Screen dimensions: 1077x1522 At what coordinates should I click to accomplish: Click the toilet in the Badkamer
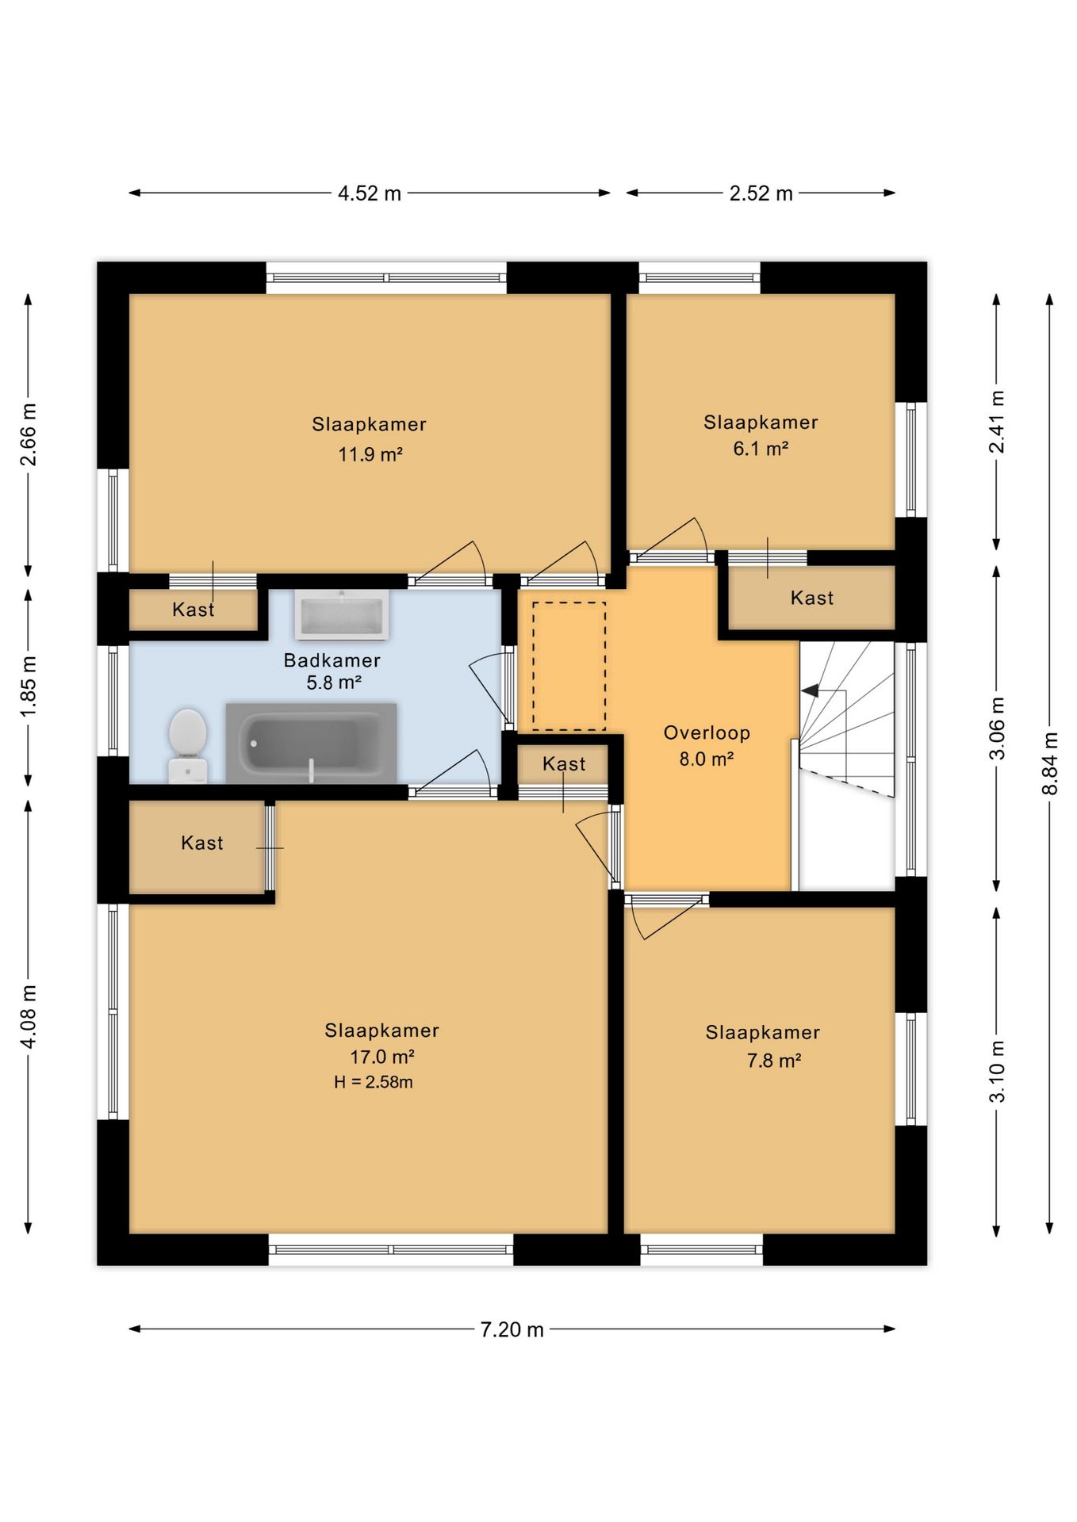[x=188, y=745]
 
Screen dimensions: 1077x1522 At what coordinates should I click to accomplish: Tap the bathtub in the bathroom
[x=311, y=743]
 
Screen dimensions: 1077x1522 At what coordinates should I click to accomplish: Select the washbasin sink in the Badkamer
[x=341, y=614]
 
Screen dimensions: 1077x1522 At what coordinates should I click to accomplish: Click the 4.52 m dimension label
[x=370, y=193]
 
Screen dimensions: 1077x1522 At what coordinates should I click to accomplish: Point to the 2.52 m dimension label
[x=761, y=193]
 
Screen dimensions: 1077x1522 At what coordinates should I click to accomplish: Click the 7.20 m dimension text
[x=512, y=1329]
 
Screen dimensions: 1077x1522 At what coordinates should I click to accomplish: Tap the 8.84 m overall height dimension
[x=1050, y=763]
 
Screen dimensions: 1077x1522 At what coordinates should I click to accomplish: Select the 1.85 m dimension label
[x=29, y=686]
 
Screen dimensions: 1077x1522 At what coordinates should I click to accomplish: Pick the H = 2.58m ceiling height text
[x=373, y=1082]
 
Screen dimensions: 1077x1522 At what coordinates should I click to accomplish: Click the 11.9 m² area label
[x=370, y=454]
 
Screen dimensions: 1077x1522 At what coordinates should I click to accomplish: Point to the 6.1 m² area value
[x=761, y=449]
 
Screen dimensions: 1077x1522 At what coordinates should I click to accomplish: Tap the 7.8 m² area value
[x=773, y=1061]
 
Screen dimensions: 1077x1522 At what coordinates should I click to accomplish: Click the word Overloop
[x=707, y=733]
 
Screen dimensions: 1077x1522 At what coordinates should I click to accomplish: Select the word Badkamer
[x=332, y=660]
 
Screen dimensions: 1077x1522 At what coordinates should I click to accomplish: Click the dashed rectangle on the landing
[x=569, y=666]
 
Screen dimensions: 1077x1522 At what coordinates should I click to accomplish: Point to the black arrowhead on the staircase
[x=810, y=691]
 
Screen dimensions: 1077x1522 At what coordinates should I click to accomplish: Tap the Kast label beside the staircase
[x=812, y=598]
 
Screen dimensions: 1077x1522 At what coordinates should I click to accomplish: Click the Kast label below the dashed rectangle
[x=564, y=763]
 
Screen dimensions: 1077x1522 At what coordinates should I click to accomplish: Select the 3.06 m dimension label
[x=998, y=728]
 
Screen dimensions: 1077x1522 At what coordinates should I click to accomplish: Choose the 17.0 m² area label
[x=382, y=1057]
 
